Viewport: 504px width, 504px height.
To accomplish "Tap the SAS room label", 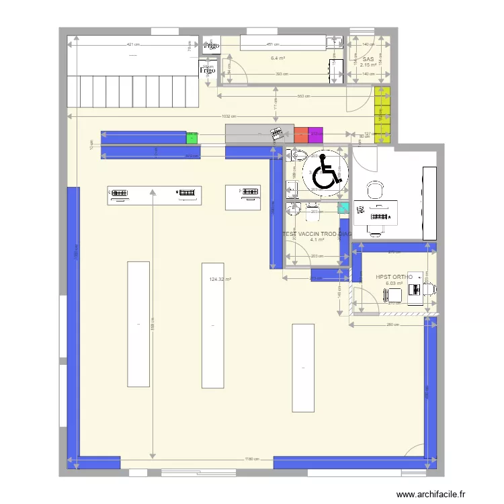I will [368, 59].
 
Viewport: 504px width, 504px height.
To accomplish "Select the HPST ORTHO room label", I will [394, 276].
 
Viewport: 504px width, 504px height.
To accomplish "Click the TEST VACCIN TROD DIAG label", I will [317, 235].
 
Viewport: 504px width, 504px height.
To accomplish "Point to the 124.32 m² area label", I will [220, 280].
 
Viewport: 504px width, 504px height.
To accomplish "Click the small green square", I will [192, 137].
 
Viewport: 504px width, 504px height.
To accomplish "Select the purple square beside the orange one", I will [315, 135].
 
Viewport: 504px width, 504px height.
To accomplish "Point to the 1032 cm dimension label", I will [228, 116].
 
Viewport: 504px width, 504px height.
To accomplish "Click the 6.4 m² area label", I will [278, 59].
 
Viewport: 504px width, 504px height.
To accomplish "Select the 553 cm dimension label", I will [303, 96].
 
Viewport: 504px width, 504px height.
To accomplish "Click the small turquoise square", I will [344, 208].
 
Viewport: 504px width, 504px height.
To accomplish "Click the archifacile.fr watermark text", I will [431, 494].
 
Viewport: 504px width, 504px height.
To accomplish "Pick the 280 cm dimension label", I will [393, 325].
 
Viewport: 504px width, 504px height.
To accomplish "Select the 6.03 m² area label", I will [394, 284].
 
